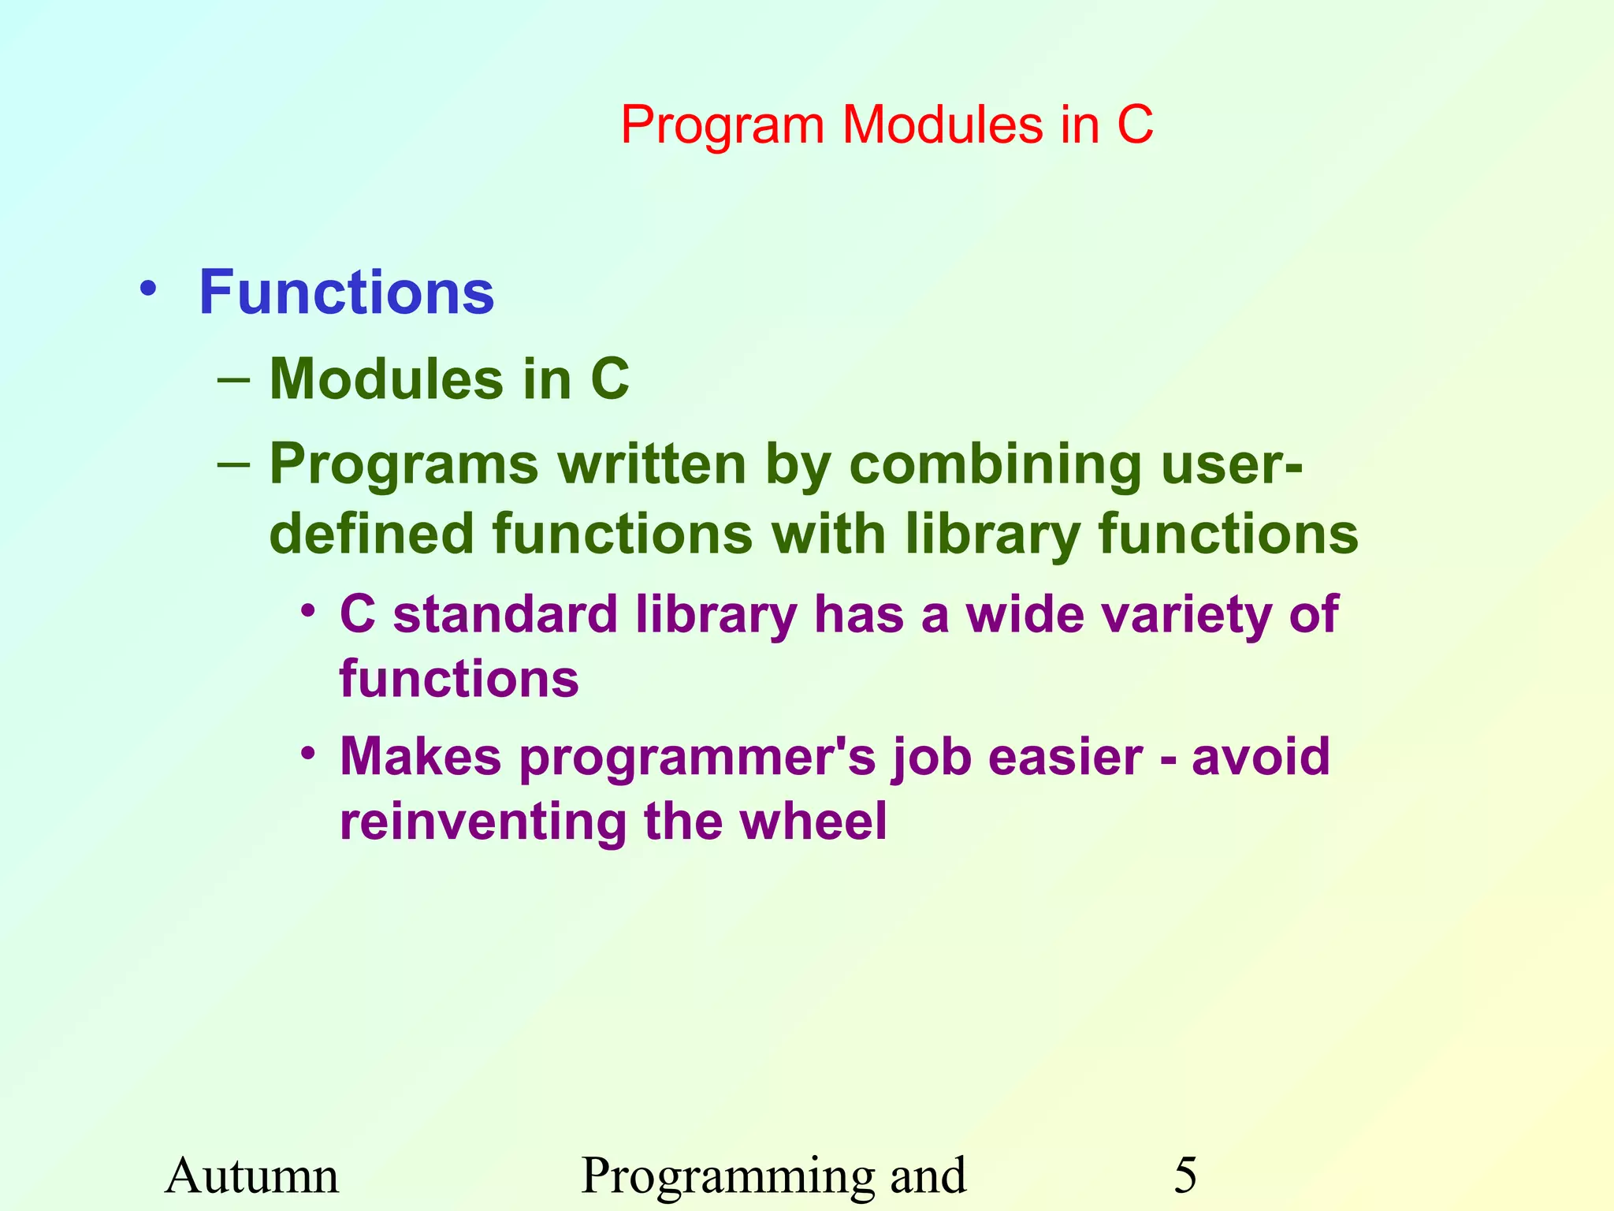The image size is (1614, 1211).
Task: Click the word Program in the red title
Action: click(721, 126)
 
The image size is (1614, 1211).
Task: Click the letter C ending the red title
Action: click(1135, 125)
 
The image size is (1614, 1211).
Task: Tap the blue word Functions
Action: click(346, 293)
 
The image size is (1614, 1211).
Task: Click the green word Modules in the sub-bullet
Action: click(385, 379)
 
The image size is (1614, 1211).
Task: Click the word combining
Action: click(995, 465)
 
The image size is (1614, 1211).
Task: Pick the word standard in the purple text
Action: click(505, 614)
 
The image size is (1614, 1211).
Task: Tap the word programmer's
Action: click(697, 758)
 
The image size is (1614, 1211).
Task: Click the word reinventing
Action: click(482, 822)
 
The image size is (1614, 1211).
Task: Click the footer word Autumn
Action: click(251, 1176)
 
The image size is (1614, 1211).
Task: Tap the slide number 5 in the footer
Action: click(1185, 1176)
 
